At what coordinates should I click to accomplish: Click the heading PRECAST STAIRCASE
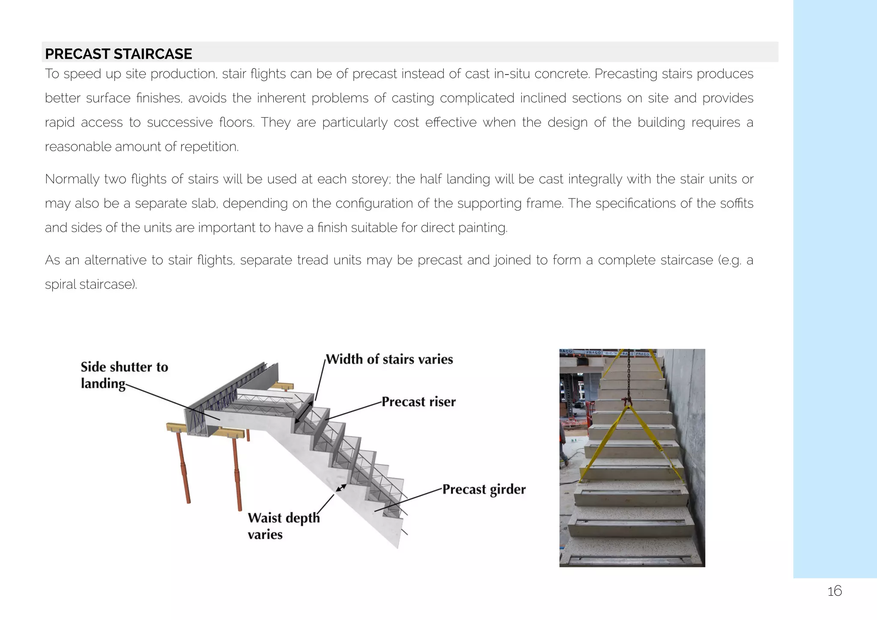click(119, 54)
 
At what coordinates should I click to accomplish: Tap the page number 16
click(834, 591)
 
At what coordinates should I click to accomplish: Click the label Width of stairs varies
click(389, 359)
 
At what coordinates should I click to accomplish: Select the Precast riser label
click(418, 402)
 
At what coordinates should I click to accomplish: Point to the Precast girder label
click(483, 489)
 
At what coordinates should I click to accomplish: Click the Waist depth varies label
click(283, 526)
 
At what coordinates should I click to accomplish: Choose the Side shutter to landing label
click(124, 375)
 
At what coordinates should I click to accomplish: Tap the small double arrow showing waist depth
click(341, 488)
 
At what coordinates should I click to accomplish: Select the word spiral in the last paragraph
click(60, 285)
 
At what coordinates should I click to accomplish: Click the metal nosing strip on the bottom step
click(632, 559)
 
